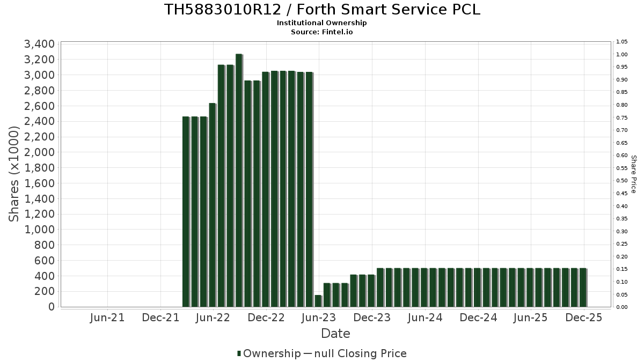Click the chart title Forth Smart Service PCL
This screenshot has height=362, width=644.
point(322,10)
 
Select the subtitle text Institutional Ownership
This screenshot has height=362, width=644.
point(322,23)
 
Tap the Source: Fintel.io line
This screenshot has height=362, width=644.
point(322,32)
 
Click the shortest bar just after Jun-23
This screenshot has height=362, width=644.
point(318,301)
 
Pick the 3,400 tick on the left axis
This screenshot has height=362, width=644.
point(39,44)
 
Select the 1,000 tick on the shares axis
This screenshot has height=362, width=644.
point(39,230)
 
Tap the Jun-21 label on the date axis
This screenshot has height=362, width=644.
point(107,317)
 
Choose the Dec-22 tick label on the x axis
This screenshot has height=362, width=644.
point(266,317)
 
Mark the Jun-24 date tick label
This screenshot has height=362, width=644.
point(425,317)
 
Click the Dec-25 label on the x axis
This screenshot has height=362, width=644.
point(584,317)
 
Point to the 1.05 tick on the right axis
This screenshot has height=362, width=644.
point(622,42)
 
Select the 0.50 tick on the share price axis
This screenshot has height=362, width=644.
point(622,181)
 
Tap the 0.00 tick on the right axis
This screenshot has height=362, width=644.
point(622,307)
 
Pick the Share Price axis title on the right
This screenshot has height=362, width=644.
point(633,174)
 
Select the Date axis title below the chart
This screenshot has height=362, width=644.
point(335,334)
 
